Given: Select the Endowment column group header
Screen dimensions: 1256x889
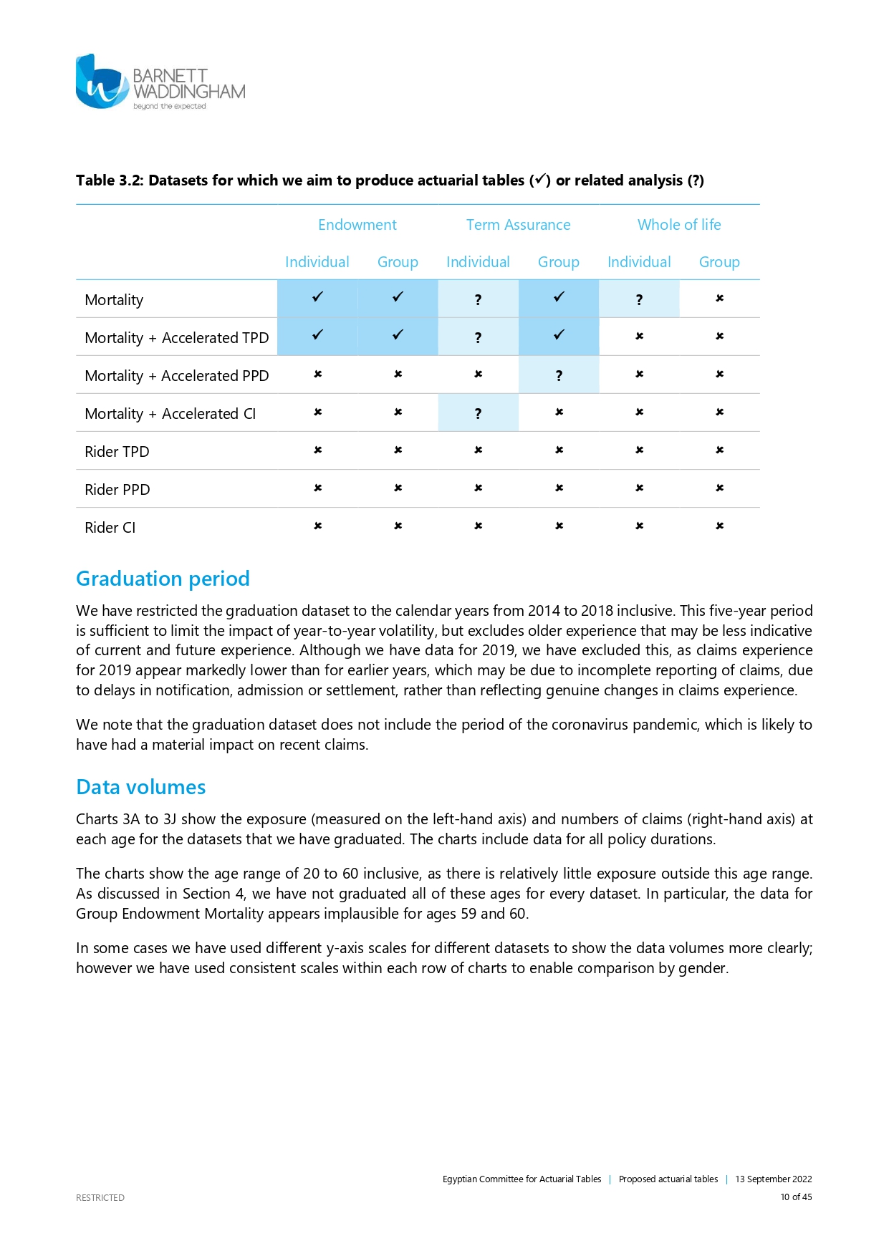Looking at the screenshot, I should [357, 225].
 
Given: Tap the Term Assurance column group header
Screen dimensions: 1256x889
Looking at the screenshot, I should [518, 225].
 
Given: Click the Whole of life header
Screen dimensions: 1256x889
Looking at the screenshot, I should [679, 225].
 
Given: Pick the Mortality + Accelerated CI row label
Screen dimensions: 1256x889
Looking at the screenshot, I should [170, 414].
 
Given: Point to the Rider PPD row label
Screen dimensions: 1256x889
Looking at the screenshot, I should [117, 490].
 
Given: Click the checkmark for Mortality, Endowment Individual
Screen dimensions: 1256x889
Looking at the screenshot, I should [317, 297].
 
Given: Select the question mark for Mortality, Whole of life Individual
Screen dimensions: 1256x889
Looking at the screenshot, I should [639, 300].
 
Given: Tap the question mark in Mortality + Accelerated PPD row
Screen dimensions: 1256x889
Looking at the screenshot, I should [559, 376].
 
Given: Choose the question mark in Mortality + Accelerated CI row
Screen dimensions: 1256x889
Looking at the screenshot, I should [478, 414].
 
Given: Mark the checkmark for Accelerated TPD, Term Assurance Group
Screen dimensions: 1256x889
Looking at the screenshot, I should [559, 335].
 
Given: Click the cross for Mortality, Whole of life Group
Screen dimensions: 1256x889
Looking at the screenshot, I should [719, 299].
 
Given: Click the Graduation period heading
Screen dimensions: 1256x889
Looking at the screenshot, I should [163, 579].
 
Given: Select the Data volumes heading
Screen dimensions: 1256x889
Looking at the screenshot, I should [140, 787].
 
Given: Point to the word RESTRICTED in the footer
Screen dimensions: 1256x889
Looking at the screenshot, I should [100, 1197].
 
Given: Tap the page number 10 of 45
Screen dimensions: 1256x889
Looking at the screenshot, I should [796, 1197].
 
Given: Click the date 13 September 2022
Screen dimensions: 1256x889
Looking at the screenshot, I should [773, 1179].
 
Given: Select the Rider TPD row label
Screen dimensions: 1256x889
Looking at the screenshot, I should [117, 452].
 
